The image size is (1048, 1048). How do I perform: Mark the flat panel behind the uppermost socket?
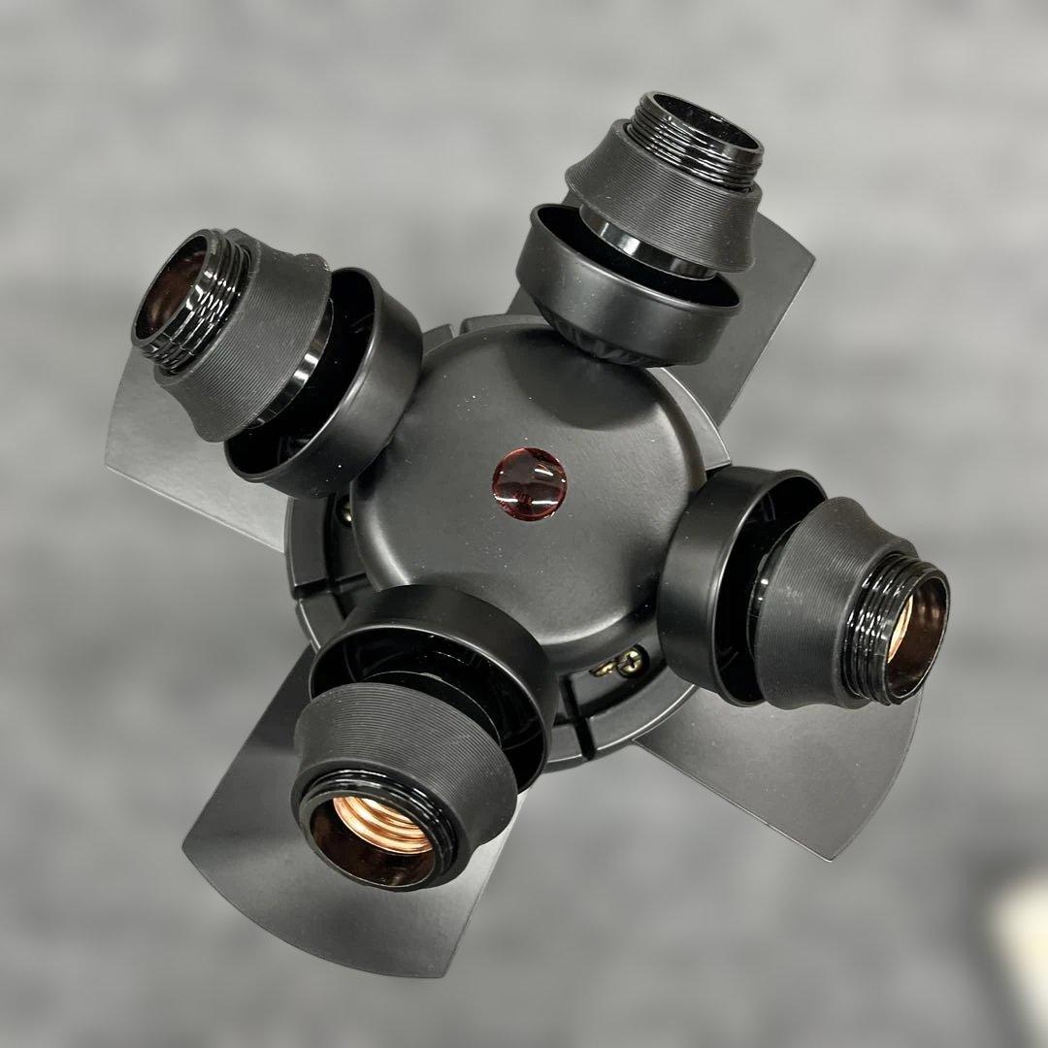point(776,291)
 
